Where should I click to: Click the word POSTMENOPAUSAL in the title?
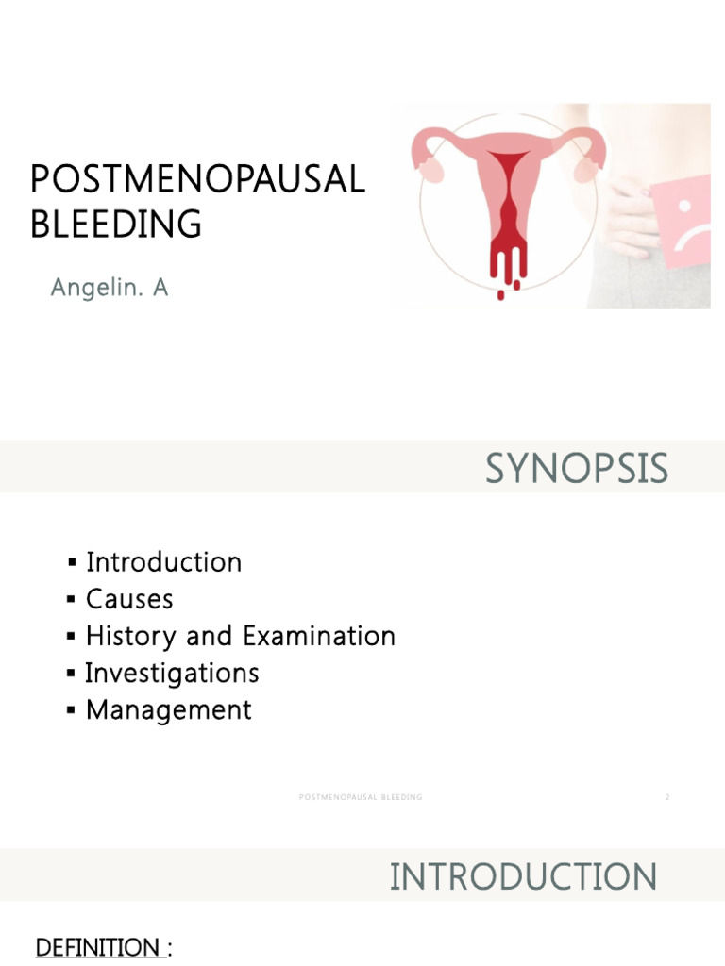pos(197,179)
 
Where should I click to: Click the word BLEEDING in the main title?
pos(116,225)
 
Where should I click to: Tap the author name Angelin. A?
pos(109,288)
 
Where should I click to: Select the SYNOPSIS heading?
pos(576,469)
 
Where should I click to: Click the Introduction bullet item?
pos(163,562)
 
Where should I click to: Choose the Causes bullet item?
pos(129,599)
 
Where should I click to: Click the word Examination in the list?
pos(319,636)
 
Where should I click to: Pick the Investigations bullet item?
pos(172,673)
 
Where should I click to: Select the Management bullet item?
pos(168,709)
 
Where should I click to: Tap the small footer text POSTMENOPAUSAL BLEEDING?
pos(361,797)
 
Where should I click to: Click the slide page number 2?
pos(667,797)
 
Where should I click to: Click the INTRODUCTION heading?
pos(523,876)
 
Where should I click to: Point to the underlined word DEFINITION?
pos(97,947)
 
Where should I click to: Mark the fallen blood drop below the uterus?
pos(501,295)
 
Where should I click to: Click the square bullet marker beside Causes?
pos(72,600)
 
